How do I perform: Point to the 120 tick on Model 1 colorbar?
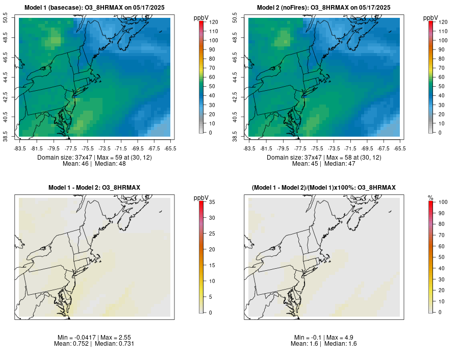tap(213, 22)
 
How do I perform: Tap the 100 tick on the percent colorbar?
tap(443, 202)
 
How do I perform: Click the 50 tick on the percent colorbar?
tap(441, 257)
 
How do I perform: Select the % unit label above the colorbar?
tap(430, 197)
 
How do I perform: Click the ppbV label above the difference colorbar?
tap(201, 197)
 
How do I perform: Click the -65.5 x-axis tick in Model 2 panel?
tap(400, 148)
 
